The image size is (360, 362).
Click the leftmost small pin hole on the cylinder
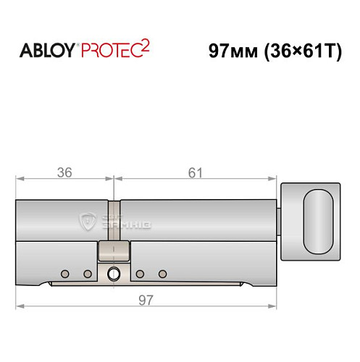coord(65,274)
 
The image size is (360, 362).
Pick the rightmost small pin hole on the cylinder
coord(163,274)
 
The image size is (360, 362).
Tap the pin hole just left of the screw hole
coord(88,274)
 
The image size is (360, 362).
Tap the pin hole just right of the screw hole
coord(140,274)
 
